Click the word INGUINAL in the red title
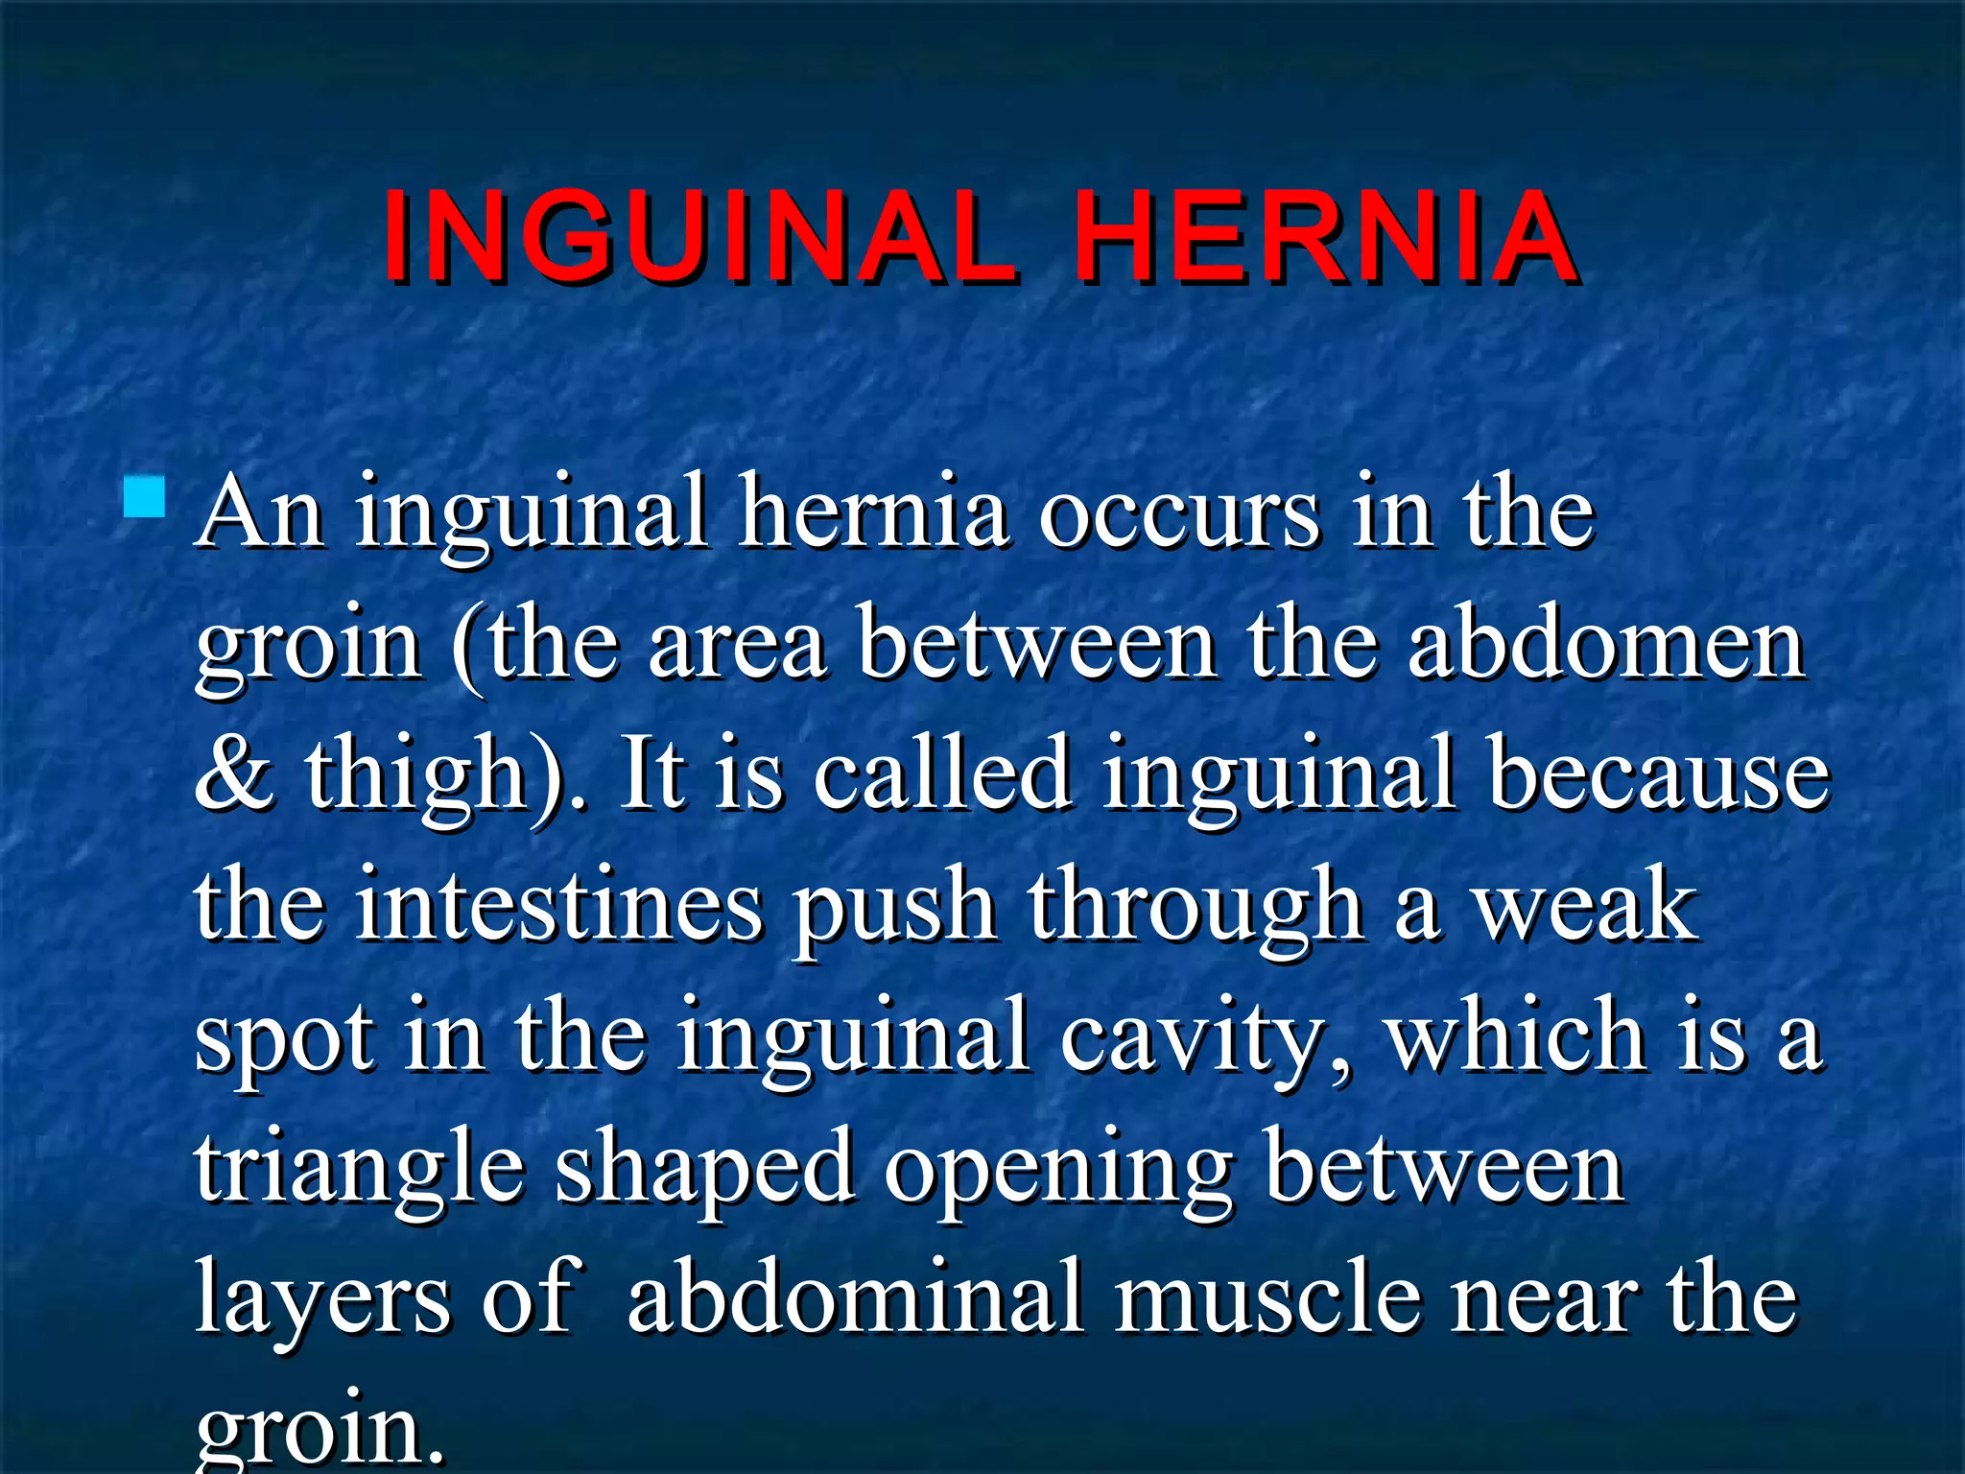[x=698, y=237]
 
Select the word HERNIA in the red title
[x=1324, y=237]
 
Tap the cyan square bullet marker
[x=145, y=498]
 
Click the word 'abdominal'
[x=856, y=1298]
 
